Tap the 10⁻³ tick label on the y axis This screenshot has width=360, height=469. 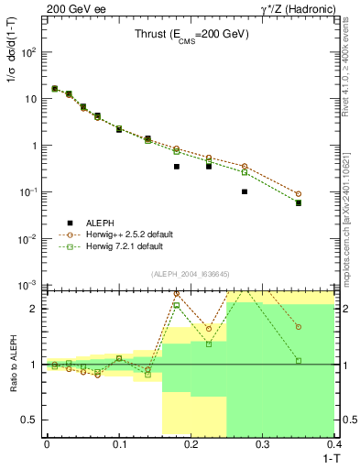(x=30, y=286)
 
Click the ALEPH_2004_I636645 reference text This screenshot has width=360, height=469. (x=190, y=274)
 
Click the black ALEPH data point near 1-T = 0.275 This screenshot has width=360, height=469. (x=245, y=191)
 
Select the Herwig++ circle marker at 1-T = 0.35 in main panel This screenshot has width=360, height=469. (x=299, y=193)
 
